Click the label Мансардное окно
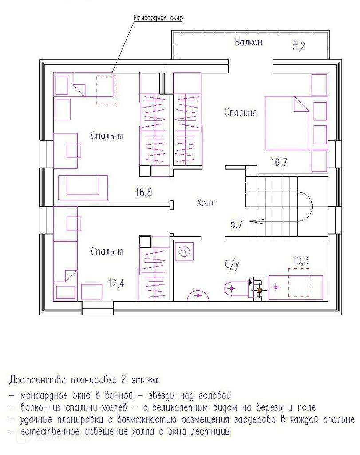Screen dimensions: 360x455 pyautogui.click(x=158, y=18)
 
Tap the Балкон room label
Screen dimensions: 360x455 pyautogui.click(x=249, y=42)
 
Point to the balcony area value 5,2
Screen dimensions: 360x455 pyautogui.click(x=299, y=46)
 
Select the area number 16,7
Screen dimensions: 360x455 pyautogui.click(x=279, y=162)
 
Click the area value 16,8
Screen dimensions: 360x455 pyautogui.click(x=143, y=192)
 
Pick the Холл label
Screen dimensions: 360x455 pyautogui.click(x=206, y=203)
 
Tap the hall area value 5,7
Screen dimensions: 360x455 pyautogui.click(x=237, y=224)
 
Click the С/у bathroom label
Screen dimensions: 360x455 pyautogui.click(x=232, y=265)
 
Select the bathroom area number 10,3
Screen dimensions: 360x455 pyautogui.click(x=300, y=261)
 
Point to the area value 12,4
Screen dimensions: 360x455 pyautogui.click(x=116, y=283)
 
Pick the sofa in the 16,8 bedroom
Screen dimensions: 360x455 pyautogui.click(x=83, y=188)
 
